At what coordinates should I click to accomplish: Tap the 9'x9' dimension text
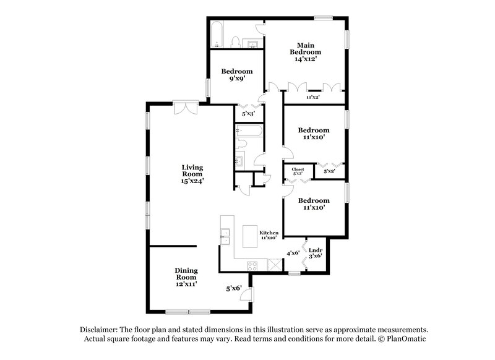[237, 79]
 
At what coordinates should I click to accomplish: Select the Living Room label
[192, 168]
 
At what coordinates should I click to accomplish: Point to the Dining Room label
[186, 274]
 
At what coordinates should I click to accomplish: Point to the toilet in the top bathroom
[236, 41]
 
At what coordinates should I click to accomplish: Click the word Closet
[298, 169]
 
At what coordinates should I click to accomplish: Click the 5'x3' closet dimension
[247, 114]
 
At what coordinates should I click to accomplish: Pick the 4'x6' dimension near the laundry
[293, 253]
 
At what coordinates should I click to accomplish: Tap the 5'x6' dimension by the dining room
[233, 288]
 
